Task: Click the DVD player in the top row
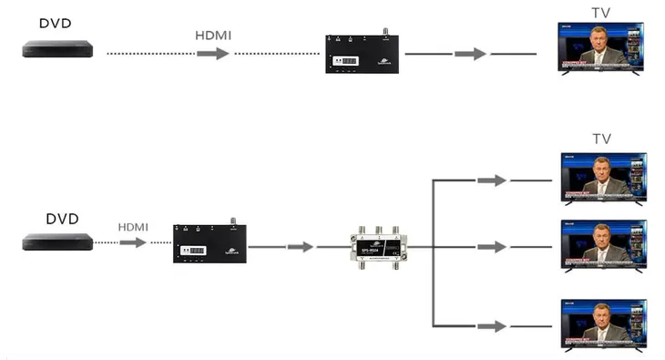(x=58, y=50)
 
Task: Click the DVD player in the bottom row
(x=58, y=242)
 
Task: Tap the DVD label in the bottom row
(x=62, y=219)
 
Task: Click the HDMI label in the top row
(x=213, y=35)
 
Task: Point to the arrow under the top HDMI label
(x=212, y=54)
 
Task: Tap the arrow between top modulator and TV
(x=470, y=54)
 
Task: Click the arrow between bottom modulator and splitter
(x=300, y=246)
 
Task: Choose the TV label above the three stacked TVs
(x=601, y=139)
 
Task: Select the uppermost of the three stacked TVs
(x=602, y=178)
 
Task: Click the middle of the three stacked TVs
(x=602, y=246)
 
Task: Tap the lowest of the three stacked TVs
(x=602, y=324)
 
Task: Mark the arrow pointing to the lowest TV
(x=491, y=325)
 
